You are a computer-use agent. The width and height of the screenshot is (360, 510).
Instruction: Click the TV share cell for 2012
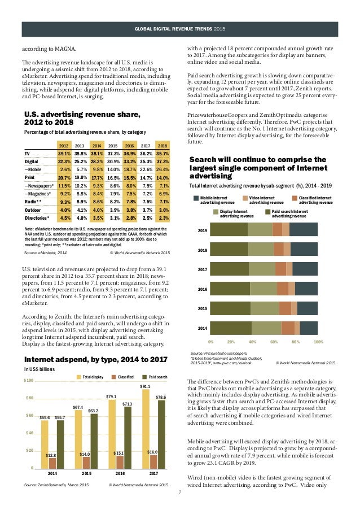coord(64,153)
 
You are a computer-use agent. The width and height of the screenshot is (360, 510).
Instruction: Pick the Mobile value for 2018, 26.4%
coord(163,169)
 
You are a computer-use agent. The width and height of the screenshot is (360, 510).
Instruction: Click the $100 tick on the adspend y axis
coord(28,381)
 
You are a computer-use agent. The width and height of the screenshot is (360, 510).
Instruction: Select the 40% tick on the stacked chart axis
coord(253,342)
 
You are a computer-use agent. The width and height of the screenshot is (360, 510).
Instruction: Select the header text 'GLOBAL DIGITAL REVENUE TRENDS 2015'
coord(179,28)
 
